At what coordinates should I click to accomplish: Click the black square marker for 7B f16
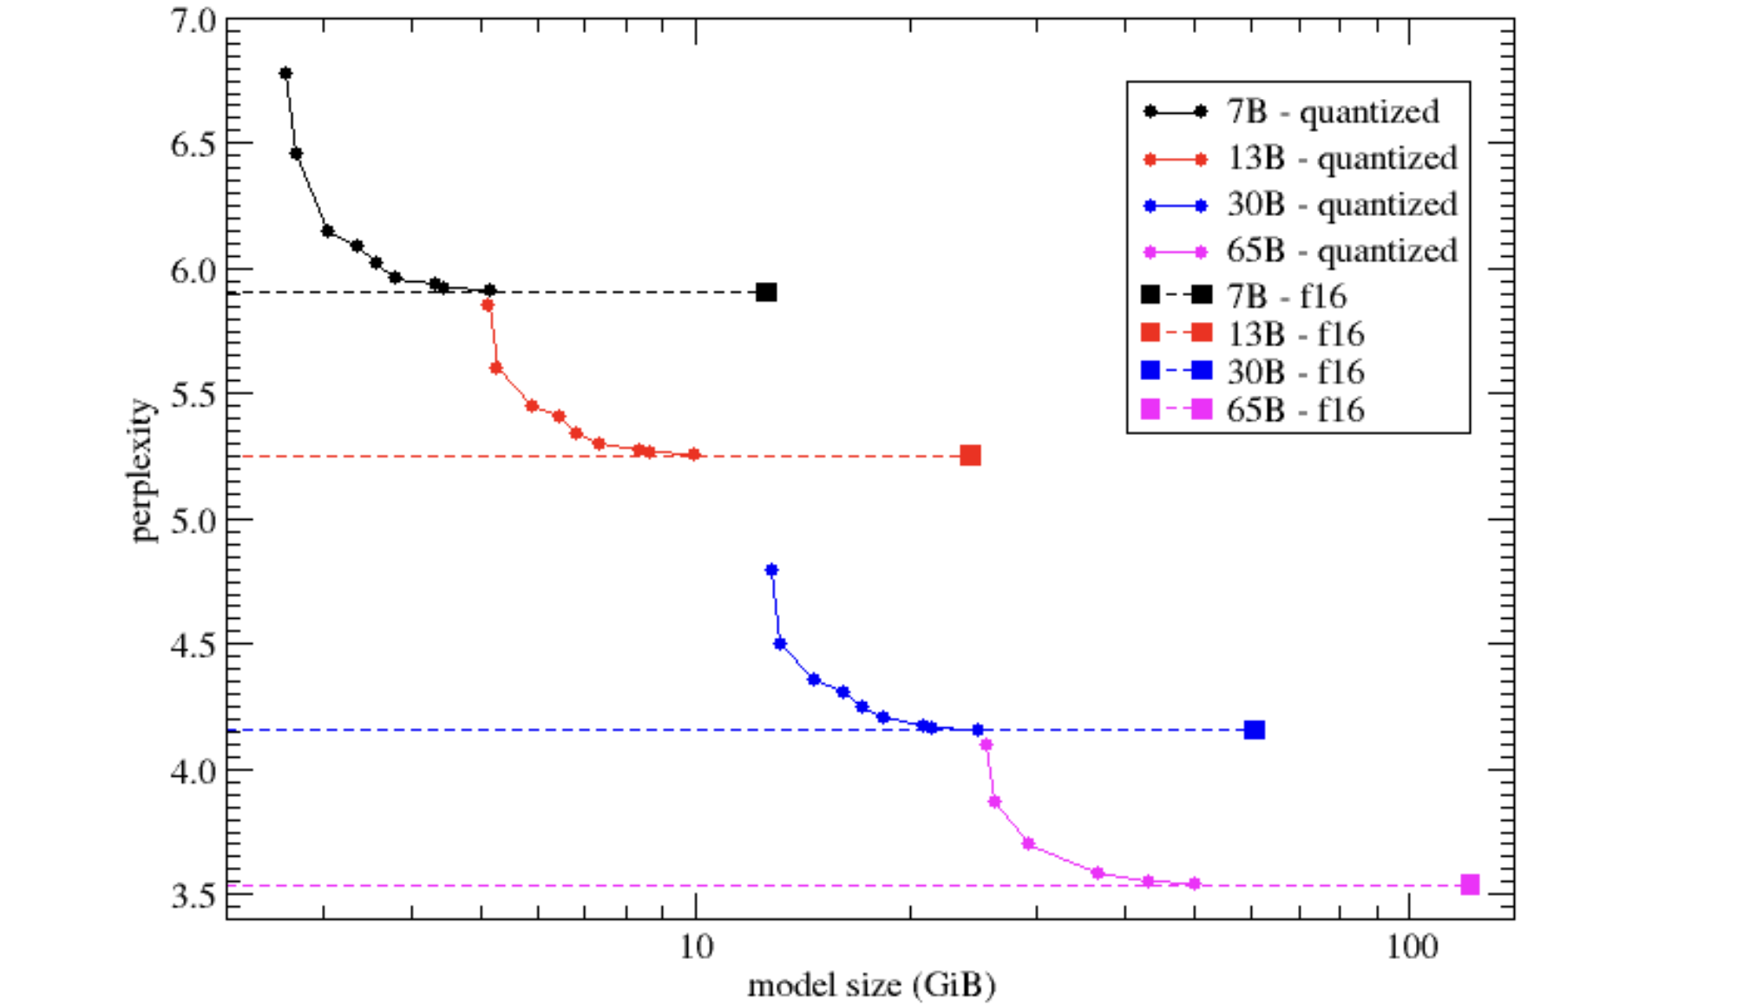[x=766, y=292]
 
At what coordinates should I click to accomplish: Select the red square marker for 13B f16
[x=970, y=456]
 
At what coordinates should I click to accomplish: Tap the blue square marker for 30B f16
[x=1254, y=730]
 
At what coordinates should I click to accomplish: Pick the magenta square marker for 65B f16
[x=1469, y=884]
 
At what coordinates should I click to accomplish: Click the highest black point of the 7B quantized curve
[x=285, y=74]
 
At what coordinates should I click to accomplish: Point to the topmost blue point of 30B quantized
[x=771, y=570]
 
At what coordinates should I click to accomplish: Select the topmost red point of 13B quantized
[x=488, y=305]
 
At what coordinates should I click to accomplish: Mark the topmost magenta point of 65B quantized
[x=986, y=745]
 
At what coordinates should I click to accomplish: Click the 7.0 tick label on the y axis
[x=193, y=21]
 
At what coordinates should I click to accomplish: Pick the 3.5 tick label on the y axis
[x=193, y=895]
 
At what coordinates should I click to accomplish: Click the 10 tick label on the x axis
[x=696, y=947]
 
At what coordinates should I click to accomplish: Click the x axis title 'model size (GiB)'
[x=871, y=986]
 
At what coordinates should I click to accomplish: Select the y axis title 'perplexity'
[x=143, y=470]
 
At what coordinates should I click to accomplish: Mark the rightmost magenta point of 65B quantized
[x=1194, y=883]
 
